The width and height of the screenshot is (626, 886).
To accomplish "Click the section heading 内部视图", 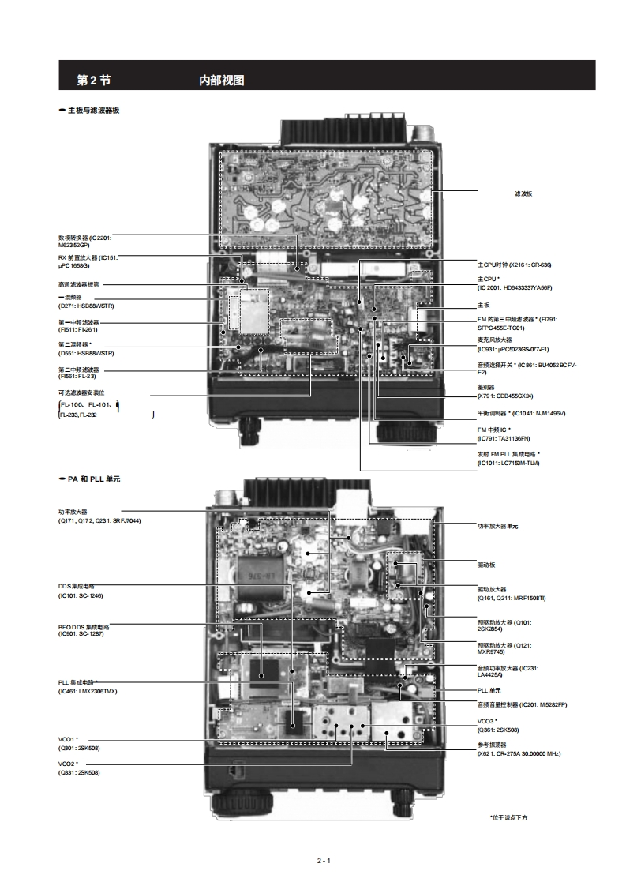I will coord(222,80).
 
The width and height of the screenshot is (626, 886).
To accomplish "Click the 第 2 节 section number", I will coord(93,80).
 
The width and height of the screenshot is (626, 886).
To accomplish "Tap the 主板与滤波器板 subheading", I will coord(92,111).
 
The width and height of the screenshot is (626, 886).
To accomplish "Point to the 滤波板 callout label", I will coord(523,193).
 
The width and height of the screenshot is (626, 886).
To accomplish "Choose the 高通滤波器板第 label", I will coord(80,285).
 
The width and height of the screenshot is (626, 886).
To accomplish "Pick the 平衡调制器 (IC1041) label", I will coord(521,413).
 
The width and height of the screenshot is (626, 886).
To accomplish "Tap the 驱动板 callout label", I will coord(487,565).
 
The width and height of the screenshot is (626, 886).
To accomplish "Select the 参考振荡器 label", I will coord(492,745).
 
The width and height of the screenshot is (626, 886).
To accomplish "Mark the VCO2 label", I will coord(68,764).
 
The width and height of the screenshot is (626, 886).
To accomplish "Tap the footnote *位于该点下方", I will coord(508,817).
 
